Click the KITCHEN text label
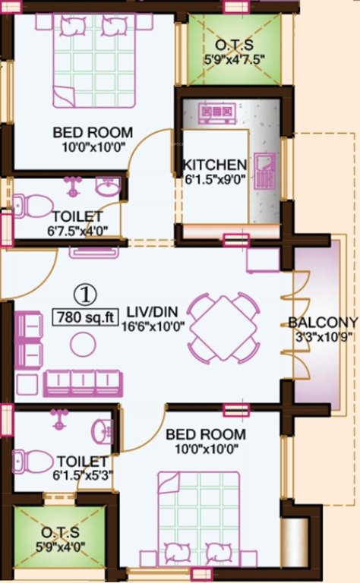tap(214, 165)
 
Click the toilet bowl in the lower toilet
tap(28, 461)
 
